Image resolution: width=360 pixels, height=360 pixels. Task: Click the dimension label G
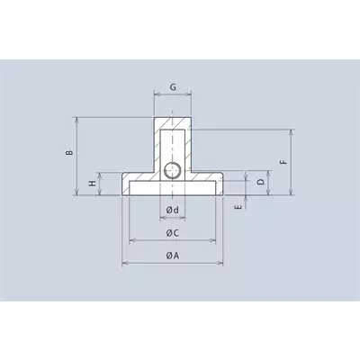pos(173,87)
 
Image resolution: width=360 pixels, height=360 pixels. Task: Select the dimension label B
pos(69,152)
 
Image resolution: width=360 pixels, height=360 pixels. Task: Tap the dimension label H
pos(93,183)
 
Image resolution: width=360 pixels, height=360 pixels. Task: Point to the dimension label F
pos(283,162)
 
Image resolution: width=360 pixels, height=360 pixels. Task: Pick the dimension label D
pos(261,182)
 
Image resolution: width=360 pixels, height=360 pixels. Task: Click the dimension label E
pos(239,207)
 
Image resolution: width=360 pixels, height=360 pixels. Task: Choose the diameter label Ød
pos(173,210)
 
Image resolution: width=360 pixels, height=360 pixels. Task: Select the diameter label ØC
pos(173,233)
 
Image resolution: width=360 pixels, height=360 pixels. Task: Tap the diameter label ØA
pos(173,256)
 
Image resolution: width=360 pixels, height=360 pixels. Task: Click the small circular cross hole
pos(173,170)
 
